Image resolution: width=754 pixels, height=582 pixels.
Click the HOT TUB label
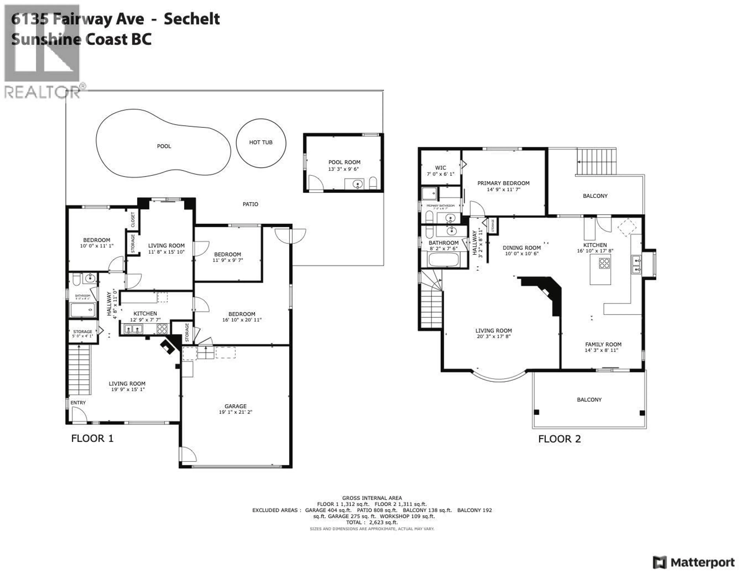[261, 142]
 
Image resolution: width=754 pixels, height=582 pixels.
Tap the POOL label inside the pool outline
[164, 146]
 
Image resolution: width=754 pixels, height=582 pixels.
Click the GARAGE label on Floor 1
[235, 406]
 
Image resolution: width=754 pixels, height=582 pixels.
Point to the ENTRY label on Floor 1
[78, 403]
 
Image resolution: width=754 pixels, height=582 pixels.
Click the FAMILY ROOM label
[603, 344]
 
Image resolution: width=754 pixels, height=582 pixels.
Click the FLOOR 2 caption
[559, 439]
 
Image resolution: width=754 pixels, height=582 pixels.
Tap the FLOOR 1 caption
[92, 438]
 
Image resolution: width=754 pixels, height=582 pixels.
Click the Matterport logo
[694, 563]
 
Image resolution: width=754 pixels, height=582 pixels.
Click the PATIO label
[250, 204]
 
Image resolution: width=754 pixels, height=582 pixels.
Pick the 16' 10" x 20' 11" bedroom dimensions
[242, 320]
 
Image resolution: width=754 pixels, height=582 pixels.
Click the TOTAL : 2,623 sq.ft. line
[372, 522]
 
